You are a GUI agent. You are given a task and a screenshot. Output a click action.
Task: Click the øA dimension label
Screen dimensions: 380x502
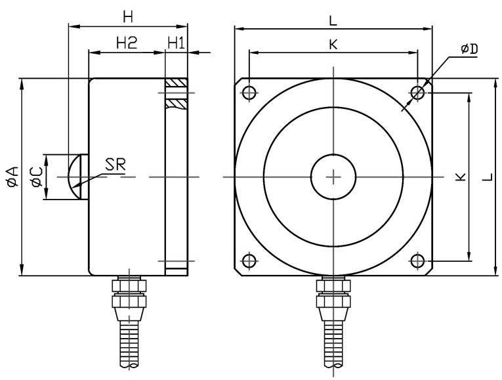11,178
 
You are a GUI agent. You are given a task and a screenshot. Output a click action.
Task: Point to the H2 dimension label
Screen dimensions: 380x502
126,43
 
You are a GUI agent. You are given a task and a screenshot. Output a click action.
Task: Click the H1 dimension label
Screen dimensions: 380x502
176,43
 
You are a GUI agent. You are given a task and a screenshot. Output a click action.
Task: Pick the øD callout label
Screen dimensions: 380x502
469,49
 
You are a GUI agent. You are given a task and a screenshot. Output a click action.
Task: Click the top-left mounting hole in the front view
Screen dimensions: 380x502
249,93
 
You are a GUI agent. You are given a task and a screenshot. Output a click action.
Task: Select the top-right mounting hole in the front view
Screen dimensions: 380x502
418,93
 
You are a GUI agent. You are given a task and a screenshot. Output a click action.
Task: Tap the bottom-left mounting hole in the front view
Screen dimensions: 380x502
249,261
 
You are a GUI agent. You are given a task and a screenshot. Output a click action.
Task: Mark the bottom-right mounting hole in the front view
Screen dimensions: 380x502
418,261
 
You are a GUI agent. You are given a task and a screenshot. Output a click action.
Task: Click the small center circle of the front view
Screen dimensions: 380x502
333,177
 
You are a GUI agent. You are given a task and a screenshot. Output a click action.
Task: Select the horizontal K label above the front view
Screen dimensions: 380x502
333,44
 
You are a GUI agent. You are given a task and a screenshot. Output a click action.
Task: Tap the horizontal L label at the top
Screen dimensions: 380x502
333,20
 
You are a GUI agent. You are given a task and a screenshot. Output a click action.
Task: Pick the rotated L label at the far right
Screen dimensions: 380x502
484,177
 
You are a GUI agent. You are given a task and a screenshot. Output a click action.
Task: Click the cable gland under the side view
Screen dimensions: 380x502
130,299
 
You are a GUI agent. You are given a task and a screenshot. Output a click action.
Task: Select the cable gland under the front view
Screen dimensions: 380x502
333,299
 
